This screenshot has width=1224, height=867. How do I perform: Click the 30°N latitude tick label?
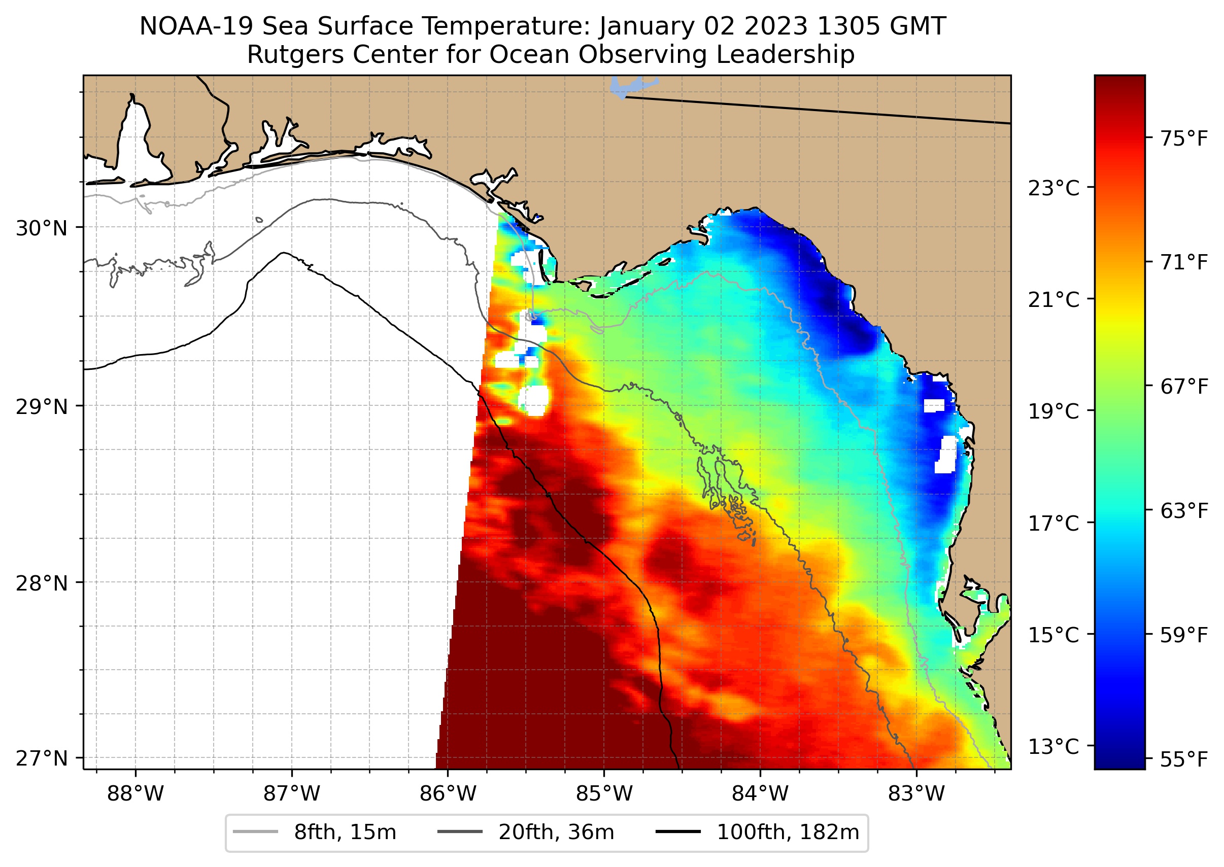pyautogui.click(x=42, y=228)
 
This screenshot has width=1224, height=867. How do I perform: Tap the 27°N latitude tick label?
pyautogui.click(x=42, y=758)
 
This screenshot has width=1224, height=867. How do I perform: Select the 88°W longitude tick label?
pyautogui.click(x=135, y=794)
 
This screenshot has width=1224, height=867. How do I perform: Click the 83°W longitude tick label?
pyautogui.click(x=916, y=794)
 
